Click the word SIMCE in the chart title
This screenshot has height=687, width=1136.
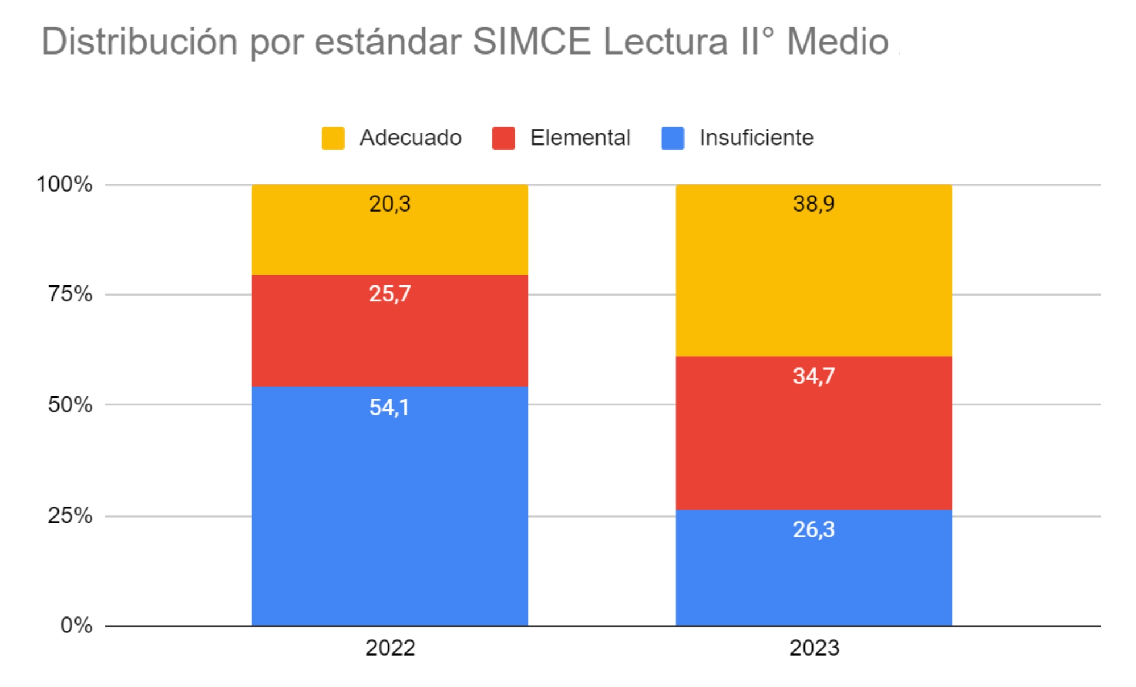[532, 42]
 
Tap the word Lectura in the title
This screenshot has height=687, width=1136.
[665, 42]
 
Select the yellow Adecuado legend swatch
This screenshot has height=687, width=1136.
[333, 138]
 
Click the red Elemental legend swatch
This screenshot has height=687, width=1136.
[503, 138]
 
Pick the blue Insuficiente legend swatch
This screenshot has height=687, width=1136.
[673, 138]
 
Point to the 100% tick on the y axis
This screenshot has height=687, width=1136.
[64, 184]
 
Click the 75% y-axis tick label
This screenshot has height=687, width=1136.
[70, 294]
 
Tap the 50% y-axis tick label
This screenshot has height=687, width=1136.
[70, 404]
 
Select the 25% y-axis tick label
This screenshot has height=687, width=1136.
[70, 515]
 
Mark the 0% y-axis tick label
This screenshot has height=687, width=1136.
[76, 625]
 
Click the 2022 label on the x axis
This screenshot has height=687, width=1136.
[390, 648]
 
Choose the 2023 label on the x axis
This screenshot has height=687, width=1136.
[814, 648]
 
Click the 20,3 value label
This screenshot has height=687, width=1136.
[389, 204]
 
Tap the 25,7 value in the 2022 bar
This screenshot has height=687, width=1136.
[389, 293]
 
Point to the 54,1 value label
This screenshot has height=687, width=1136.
[389, 407]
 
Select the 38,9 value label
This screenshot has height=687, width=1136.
[814, 204]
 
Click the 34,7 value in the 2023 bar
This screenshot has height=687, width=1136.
[814, 376]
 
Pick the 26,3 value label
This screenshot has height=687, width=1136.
[814, 529]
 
